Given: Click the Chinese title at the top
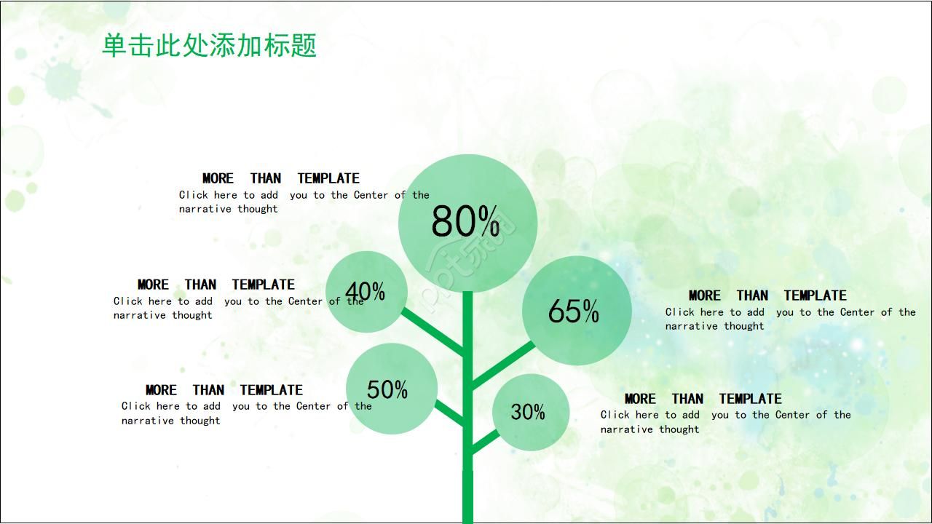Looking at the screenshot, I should coord(209,46).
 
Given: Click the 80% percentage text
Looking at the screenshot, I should coord(465,222).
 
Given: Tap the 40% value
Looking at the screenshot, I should coord(365,291).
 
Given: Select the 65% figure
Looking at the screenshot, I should coord(573,311).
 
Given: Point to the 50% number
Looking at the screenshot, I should coord(387,389).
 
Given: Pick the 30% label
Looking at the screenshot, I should coord(528,412).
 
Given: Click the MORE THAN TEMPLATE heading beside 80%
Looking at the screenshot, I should coord(281,178).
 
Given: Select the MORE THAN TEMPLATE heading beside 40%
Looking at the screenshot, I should coord(216,285).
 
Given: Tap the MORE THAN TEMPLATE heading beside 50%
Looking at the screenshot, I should coord(224,390).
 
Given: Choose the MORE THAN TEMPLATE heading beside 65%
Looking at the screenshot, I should coord(767,295).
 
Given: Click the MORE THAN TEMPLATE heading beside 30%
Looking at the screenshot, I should coord(703,399).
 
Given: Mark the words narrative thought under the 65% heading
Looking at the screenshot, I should coord(714,326).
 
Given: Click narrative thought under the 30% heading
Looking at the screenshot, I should coord(649,429).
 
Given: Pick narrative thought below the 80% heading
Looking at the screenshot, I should coord(229,209).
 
